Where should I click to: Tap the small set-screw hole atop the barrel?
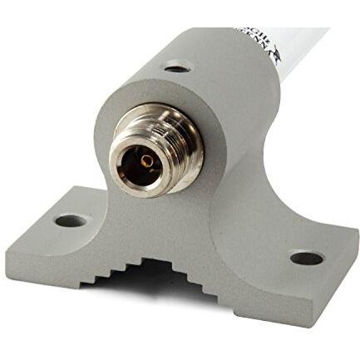tap(176, 67)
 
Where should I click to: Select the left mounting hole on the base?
tap(70, 221)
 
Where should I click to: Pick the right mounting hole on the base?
tap(306, 258)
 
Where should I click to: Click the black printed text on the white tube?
tap(264, 37)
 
